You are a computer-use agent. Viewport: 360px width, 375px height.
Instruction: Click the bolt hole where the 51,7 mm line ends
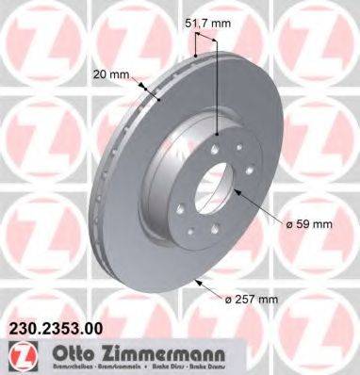pyautogui.click(x=218, y=134)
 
